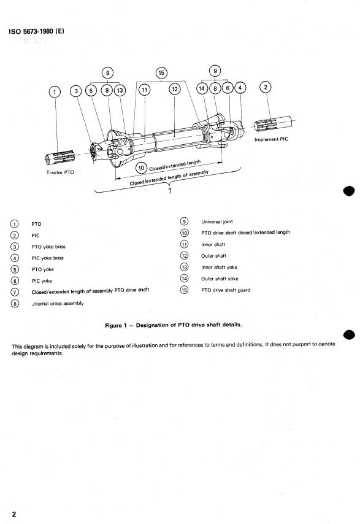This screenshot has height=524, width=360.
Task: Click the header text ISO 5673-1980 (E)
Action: (36, 31)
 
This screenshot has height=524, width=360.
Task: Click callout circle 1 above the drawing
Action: (55, 91)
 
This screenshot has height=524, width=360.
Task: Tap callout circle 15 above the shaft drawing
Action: (161, 73)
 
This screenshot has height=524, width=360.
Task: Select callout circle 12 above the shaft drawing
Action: (175, 89)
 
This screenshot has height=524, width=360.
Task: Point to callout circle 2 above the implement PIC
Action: (266, 87)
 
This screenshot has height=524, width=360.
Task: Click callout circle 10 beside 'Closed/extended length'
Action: (141, 168)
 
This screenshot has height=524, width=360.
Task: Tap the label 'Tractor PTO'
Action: (60, 172)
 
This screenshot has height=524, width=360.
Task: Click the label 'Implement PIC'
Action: (271, 139)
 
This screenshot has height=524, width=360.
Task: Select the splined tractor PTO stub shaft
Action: (59, 157)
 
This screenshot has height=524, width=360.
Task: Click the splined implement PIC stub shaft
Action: (272, 124)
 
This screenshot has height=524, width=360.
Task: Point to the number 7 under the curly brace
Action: (170, 191)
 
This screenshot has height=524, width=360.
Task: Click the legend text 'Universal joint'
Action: (216, 222)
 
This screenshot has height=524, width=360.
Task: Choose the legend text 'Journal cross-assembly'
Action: (58, 304)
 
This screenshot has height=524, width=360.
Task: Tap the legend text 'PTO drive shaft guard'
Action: (226, 290)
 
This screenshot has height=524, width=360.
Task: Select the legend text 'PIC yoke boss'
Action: (47, 258)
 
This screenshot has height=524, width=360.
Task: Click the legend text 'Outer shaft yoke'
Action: (220, 279)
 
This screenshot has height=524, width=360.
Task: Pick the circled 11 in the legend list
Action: (185, 244)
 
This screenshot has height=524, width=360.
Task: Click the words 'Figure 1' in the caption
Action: (116, 325)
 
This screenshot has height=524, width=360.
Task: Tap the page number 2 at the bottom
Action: (13, 514)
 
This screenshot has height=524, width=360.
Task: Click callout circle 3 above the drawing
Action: (76, 91)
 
